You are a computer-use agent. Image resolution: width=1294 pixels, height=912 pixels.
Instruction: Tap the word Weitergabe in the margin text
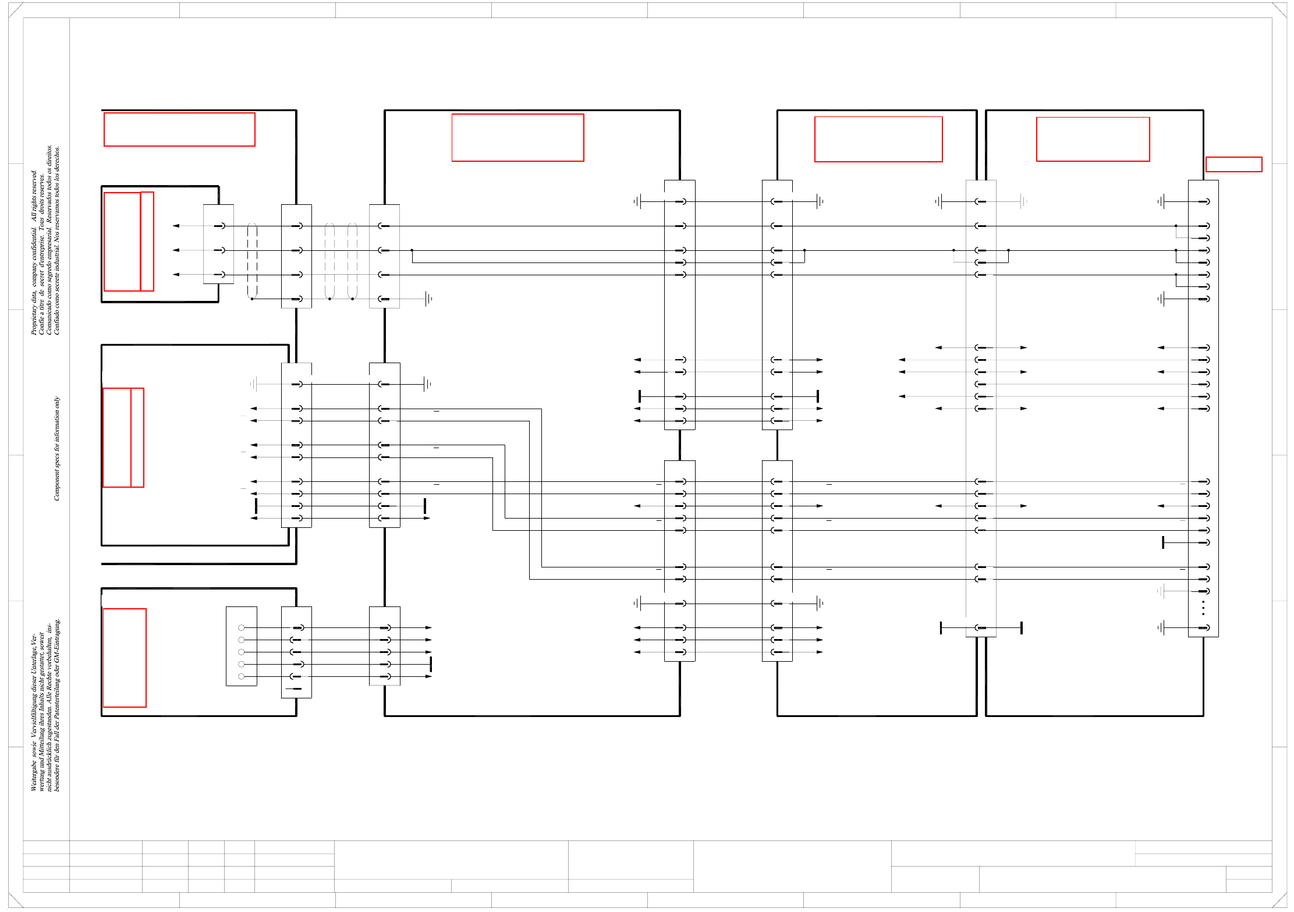coord(34,776)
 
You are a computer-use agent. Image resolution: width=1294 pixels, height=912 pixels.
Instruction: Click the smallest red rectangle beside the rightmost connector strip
coord(1233,164)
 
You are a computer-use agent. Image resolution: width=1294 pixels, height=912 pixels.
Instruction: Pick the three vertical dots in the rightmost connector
coord(1203,608)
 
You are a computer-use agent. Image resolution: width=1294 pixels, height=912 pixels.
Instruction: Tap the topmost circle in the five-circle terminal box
coord(241,627)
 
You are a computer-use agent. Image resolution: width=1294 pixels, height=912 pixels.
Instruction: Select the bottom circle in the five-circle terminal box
coord(241,676)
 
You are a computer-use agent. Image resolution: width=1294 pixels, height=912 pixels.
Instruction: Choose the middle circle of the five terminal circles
coord(241,652)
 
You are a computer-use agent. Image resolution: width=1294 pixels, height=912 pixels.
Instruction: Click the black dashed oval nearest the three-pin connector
coord(252,261)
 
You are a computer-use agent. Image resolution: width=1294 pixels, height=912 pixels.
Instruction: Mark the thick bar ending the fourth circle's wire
coord(431,664)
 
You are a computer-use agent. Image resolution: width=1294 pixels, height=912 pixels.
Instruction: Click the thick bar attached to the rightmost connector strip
coord(1163,542)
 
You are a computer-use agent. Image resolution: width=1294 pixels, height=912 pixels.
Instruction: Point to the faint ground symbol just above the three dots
coord(1161,591)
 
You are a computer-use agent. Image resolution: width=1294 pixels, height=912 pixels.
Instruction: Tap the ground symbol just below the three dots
coord(1161,627)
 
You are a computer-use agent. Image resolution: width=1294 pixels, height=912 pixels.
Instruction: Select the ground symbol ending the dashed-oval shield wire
coord(428,299)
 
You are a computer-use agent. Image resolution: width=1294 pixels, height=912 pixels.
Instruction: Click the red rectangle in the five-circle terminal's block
coord(125,658)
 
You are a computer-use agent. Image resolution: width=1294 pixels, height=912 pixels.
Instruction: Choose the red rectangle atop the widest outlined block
coord(517,137)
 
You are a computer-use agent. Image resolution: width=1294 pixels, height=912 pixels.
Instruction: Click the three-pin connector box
coord(218,244)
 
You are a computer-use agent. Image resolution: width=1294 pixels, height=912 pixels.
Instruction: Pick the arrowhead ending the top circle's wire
coord(429,627)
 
